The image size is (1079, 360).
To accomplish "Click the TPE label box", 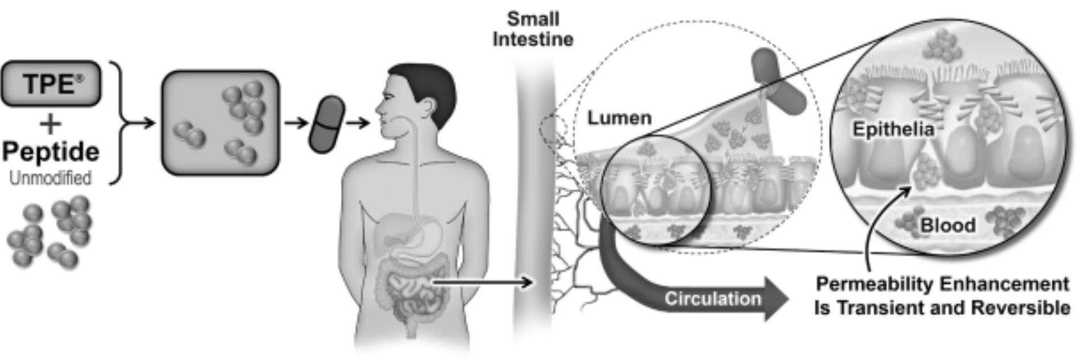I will coord(51,84).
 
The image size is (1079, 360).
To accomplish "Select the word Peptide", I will coord(51,152).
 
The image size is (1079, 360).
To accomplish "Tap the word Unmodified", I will coord(50,178).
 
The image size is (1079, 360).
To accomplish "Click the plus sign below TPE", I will coord(51,124).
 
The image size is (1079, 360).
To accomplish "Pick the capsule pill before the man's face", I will coord(326,124).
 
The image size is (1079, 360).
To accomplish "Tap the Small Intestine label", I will coord(533,29).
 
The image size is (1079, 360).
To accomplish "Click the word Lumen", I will coord(619,118).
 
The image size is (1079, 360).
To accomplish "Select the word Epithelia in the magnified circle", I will coord(893,129).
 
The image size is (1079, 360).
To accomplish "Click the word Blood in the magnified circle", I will coord(948,225).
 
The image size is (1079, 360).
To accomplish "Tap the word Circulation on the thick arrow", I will coord(713,298).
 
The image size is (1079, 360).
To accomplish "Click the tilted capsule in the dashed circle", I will coord(778,81).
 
